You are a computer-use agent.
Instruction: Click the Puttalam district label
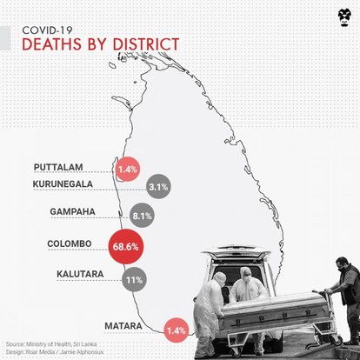click(60, 166)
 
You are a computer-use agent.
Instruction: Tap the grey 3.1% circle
click(158, 186)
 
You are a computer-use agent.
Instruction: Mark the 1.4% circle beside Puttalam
click(128, 167)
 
